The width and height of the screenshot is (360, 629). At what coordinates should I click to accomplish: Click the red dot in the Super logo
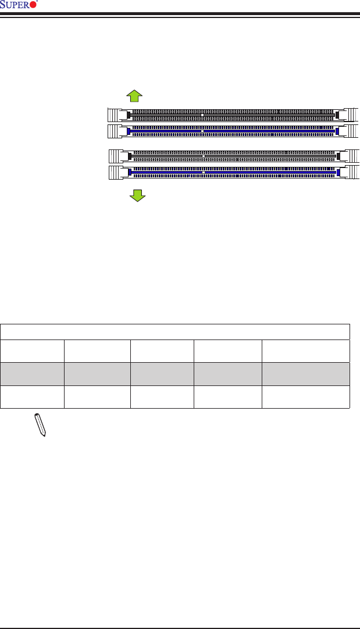[x=33, y=5]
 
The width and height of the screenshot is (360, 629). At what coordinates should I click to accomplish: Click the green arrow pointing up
[x=134, y=97]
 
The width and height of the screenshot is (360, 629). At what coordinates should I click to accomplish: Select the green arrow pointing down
[x=137, y=195]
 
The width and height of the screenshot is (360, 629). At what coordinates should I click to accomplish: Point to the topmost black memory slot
[x=233, y=115]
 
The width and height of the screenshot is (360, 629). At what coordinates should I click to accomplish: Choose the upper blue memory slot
[x=233, y=131]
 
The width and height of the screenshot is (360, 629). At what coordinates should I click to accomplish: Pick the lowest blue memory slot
[x=233, y=173]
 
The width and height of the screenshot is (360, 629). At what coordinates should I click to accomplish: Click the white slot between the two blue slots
[x=233, y=156]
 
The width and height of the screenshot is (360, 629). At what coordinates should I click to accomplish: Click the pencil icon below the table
[x=40, y=425]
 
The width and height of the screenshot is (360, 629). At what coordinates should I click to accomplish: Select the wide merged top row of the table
[x=175, y=331]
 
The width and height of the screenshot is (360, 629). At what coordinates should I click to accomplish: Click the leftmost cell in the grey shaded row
[x=33, y=374]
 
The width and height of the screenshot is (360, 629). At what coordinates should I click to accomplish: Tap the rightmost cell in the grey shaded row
[x=305, y=374]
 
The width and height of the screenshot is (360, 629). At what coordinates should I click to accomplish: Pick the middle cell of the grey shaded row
[x=162, y=374]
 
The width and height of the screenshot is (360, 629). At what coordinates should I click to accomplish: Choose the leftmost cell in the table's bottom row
[x=33, y=396]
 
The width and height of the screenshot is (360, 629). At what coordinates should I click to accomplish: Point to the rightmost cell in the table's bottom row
[x=305, y=396]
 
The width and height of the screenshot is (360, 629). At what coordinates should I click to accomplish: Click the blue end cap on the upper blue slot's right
[x=337, y=131]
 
